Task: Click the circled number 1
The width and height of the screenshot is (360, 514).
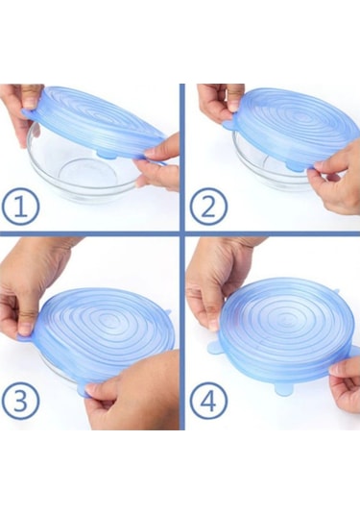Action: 20,207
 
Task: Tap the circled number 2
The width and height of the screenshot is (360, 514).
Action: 208,207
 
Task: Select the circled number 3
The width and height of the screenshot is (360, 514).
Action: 20,401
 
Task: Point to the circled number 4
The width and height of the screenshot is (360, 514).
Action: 208,401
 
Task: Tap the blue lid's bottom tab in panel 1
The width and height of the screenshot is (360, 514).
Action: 106,153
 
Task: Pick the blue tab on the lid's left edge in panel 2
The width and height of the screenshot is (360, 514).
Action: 228,125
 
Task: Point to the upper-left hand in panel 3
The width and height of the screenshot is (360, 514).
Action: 31,288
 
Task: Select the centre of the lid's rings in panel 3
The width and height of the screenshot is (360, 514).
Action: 108,323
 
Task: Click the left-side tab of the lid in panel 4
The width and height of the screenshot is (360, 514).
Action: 214,348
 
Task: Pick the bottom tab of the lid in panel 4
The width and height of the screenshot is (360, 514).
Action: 284,389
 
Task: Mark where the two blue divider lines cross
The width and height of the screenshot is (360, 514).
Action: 182,233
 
